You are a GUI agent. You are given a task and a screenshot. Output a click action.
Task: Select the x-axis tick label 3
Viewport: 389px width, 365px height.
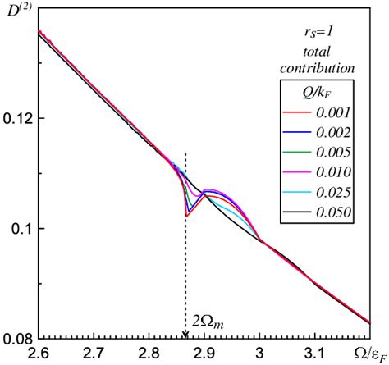point(259,354)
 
